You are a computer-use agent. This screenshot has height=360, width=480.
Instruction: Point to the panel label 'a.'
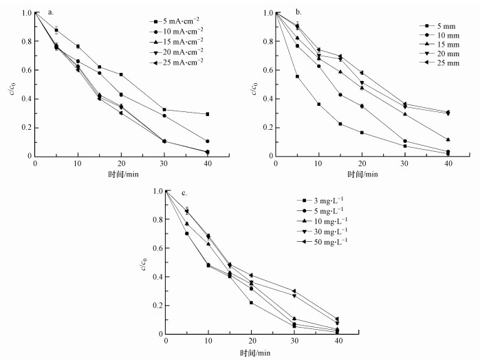[52, 12]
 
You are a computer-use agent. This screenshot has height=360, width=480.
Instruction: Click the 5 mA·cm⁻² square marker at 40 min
[207, 114]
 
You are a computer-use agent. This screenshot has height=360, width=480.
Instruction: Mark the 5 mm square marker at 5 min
[297, 76]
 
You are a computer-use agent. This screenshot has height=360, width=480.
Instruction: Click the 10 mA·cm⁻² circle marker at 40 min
[207, 141]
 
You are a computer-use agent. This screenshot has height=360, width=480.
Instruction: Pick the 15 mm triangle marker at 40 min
[448, 139]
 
